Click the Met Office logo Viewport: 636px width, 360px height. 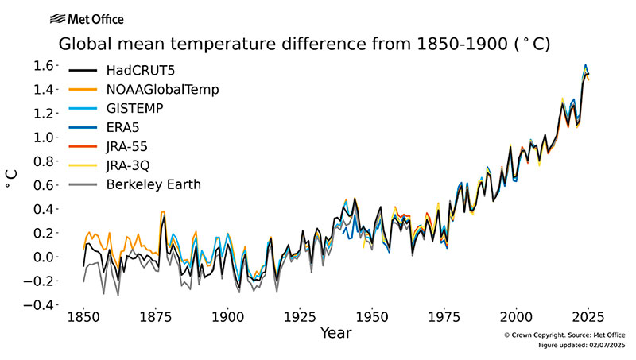point(86,18)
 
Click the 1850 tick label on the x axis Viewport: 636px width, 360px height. point(83,315)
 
